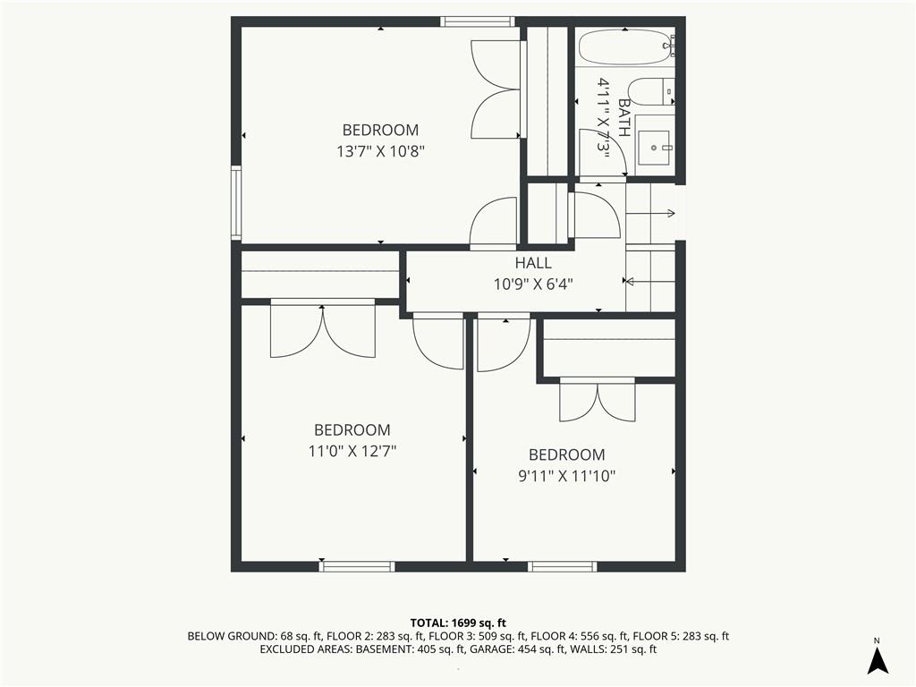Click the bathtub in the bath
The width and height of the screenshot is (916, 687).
coord(626,47)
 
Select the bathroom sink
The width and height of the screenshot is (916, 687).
coord(655,140)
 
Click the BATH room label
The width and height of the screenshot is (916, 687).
coord(623,118)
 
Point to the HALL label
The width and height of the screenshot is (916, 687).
coord(533,263)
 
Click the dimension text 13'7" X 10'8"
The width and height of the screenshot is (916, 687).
coord(380,152)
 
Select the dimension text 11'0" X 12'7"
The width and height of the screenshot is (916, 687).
coord(352,452)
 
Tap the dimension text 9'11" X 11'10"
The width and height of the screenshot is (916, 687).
coord(566,477)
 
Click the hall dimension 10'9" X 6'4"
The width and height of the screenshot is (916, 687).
coord(533,284)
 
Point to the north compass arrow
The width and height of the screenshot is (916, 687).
coord(877,660)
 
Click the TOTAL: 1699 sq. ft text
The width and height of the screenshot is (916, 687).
coord(458,623)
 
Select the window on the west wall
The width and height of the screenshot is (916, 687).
coord(236,203)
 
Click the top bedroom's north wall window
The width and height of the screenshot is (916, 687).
coord(478,21)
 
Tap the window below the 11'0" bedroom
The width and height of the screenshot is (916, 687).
coord(356,566)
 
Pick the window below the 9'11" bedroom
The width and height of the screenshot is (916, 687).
coord(562,566)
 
